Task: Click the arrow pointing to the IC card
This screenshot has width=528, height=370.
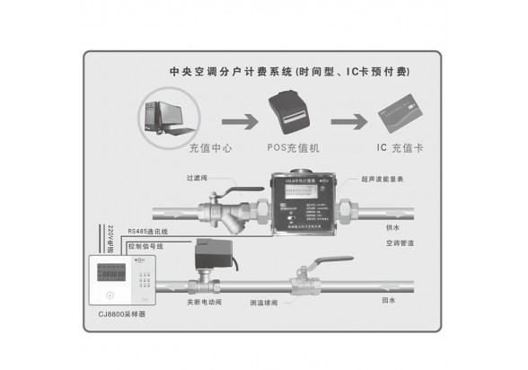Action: point(349,119)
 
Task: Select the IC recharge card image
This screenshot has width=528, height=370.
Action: point(399,116)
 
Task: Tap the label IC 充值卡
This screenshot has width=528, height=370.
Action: point(399,148)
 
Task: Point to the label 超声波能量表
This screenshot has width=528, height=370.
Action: point(383,180)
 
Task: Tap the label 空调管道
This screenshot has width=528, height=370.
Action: point(400,243)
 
